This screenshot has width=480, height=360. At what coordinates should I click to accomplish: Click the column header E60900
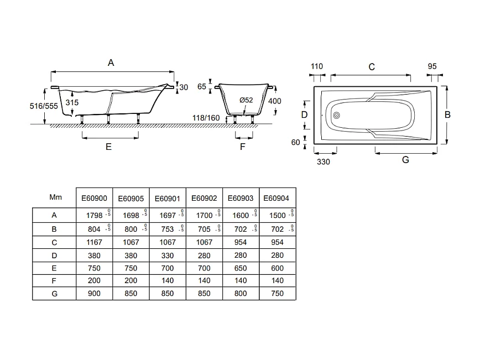point(94,197)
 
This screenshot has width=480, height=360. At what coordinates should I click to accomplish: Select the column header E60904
point(277,197)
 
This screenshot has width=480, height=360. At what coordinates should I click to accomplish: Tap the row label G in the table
point(54,294)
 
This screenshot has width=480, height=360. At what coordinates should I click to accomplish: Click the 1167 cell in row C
point(94,242)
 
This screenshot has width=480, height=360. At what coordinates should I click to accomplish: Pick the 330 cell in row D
point(166,255)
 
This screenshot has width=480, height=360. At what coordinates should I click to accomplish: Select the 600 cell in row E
point(277,268)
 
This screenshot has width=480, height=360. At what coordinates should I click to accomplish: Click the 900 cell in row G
point(94,294)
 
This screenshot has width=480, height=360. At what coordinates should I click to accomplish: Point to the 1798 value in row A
point(92,216)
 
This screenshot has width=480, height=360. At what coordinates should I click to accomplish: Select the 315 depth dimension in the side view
point(72,103)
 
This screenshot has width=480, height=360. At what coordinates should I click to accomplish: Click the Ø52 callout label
point(246,100)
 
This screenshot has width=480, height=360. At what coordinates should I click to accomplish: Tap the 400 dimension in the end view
point(274,101)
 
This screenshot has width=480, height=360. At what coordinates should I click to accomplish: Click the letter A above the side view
point(111,63)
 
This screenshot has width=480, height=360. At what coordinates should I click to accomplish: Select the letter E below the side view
point(108,147)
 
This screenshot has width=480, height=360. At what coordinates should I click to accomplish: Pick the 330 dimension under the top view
point(324,161)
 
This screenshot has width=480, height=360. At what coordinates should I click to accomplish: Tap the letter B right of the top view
point(447,114)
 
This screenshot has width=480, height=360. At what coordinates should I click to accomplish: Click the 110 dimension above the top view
point(316,66)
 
